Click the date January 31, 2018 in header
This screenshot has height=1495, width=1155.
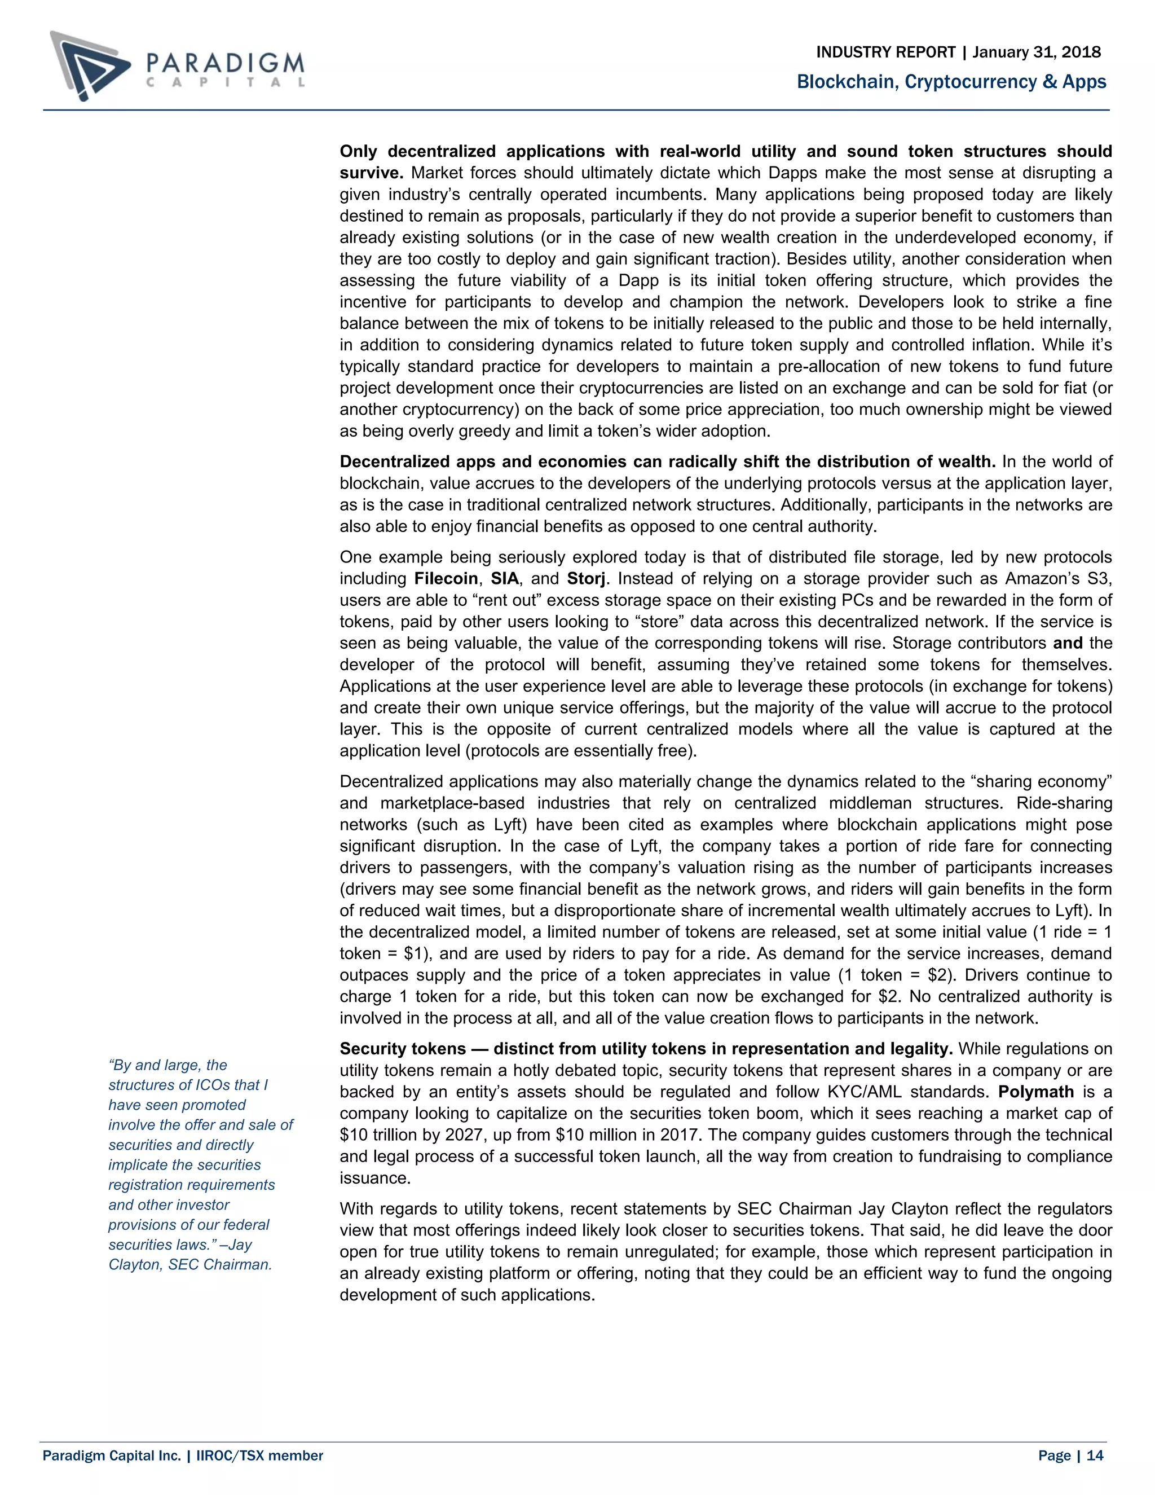click(x=1037, y=52)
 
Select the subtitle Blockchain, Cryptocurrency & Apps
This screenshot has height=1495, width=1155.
click(x=951, y=82)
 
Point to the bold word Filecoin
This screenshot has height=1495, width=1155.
click(x=446, y=578)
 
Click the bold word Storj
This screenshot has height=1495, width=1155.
click(x=587, y=578)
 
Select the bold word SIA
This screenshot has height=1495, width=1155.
click(x=504, y=578)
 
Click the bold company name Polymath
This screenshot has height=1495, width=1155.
click(x=1036, y=1092)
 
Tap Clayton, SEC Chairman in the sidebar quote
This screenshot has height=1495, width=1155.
click(x=190, y=1264)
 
